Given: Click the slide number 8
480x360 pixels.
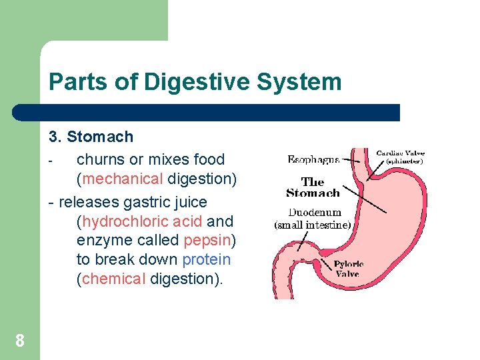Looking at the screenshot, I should click(20, 341).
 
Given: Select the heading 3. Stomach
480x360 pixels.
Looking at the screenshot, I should click(91, 137).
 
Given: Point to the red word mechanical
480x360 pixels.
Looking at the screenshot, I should click(123, 179).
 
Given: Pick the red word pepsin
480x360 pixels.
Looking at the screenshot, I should click(207, 240).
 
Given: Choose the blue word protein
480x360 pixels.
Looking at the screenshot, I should click(206, 259).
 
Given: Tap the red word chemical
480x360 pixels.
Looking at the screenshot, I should click(114, 279).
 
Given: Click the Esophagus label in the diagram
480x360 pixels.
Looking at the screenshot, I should click(313, 159).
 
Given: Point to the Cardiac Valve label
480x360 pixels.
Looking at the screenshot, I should click(400, 153).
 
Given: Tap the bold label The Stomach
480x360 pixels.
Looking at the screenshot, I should click(313, 187).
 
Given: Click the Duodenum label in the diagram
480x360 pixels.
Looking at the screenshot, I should click(315, 213).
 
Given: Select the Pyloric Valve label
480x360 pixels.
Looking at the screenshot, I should click(348, 269).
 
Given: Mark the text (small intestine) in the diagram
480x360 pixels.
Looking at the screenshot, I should click(313, 225).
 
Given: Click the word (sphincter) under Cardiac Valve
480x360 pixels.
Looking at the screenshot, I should click(401, 161).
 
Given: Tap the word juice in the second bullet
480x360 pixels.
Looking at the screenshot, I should click(187, 201).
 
